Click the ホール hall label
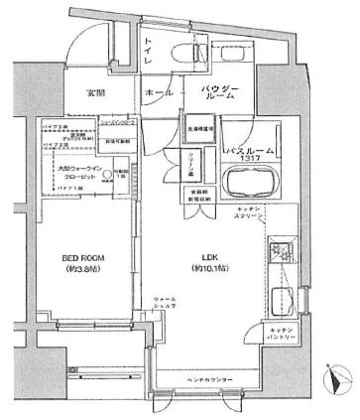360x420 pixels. (x=159, y=90)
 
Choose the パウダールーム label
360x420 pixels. (x=220, y=95)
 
